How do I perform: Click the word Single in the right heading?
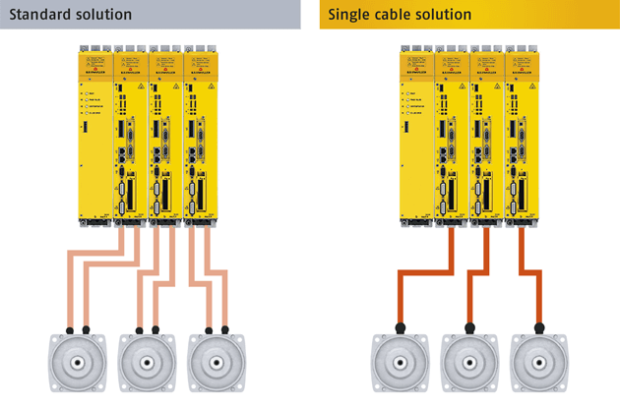[349, 14]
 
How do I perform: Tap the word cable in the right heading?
[398, 14]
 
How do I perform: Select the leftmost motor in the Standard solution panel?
[77, 363]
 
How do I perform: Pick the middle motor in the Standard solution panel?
[147, 363]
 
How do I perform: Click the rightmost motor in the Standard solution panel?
[216, 363]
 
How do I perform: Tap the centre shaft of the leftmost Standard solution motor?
[77, 362]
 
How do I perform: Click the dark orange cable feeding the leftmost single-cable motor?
[423, 279]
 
